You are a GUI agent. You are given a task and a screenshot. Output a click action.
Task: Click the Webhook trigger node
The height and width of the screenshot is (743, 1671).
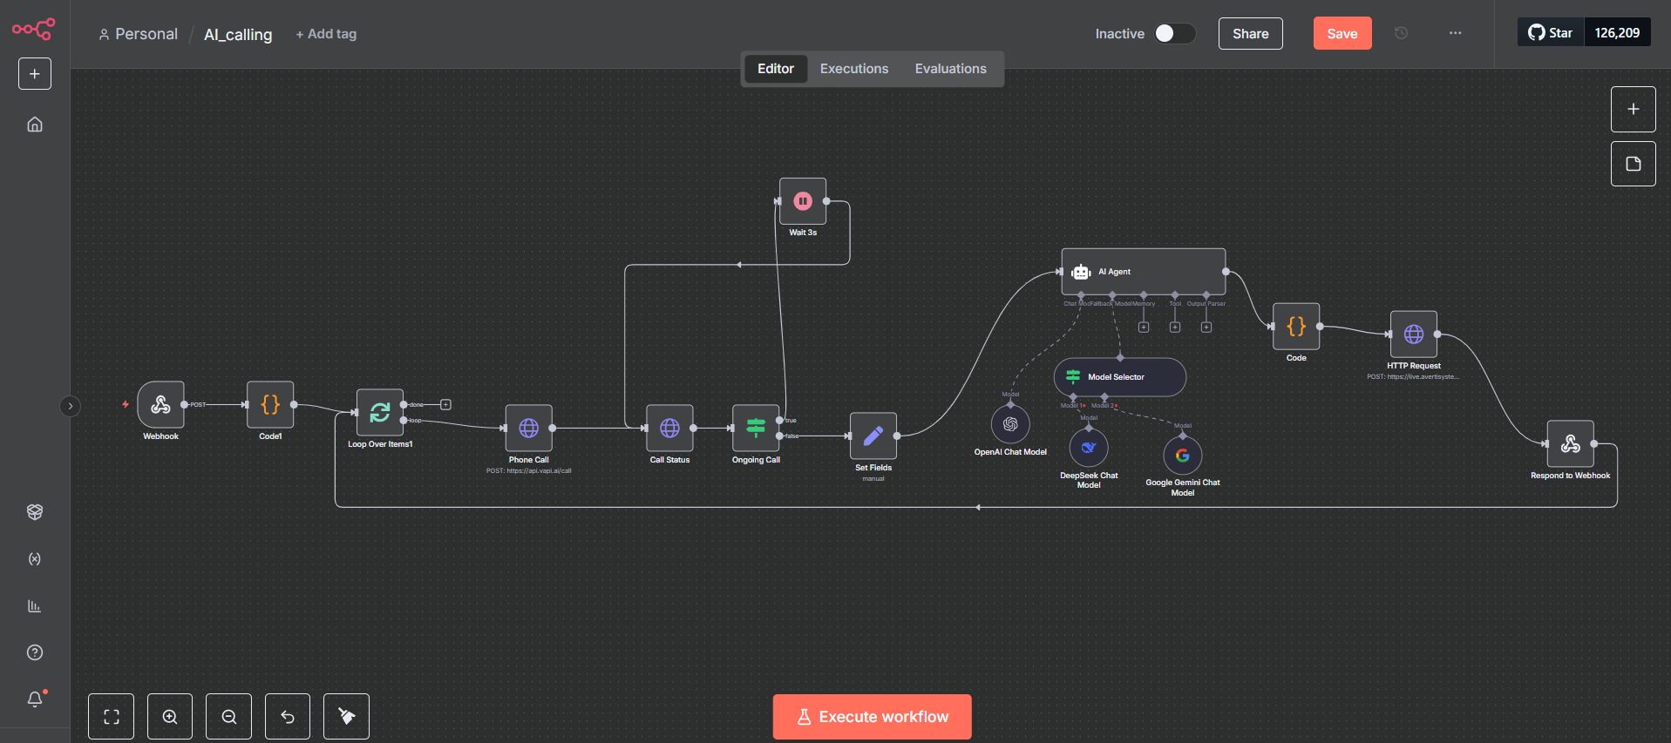pyautogui.click(x=160, y=404)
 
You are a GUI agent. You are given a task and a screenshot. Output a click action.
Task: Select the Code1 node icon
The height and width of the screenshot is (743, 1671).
pyautogui.click(x=270, y=404)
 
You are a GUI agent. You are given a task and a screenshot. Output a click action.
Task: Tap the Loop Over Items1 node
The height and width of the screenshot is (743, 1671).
pyautogui.click(x=380, y=412)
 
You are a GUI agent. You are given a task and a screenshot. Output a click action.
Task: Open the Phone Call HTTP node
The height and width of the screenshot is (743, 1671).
pyautogui.click(x=528, y=428)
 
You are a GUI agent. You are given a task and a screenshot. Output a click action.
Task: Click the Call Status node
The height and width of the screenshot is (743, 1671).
pyautogui.click(x=669, y=428)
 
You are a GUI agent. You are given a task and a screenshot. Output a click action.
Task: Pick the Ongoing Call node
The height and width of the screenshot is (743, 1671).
pyautogui.click(x=756, y=428)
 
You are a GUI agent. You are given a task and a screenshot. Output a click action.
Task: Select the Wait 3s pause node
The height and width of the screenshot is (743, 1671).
pyautogui.click(x=803, y=201)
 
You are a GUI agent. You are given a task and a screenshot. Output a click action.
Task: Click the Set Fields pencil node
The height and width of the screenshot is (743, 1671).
pyautogui.click(x=873, y=436)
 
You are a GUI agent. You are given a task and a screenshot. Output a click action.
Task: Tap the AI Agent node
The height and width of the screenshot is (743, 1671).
pyautogui.click(x=1143, y=272)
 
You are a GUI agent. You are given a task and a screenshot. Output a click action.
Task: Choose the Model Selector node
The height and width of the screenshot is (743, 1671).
pyautogui.click(x=1119, y=377)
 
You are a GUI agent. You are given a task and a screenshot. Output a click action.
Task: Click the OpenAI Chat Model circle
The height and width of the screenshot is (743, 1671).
pyautogui.click(x=1010, y=424)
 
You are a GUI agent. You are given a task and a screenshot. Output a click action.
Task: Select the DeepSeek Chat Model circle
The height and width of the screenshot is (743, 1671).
pyautogui.click(x=1089, y=448)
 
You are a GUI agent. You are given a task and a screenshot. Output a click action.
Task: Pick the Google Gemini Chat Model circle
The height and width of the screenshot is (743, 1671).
pyautogui.click(x=1183, y=455)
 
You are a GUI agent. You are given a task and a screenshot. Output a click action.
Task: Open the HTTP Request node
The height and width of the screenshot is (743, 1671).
pyautogui.click(x=1414, y=334)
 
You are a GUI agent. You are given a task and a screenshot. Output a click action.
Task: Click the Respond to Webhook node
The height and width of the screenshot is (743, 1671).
pyautogui.click(x=1570, y=444)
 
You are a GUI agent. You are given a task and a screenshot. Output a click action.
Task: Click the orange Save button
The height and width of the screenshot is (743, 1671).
pyautogui.click(x=1342, y=34)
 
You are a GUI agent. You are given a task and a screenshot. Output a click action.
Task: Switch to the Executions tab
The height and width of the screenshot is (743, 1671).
pyautogui.click(x=853, y=69)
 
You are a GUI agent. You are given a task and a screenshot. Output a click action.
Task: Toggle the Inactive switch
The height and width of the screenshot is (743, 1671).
pyautogui.click(x=1174, y=33)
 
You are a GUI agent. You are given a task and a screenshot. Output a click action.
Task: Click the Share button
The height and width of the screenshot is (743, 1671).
pyautogui.click(x=1250, y=34)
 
